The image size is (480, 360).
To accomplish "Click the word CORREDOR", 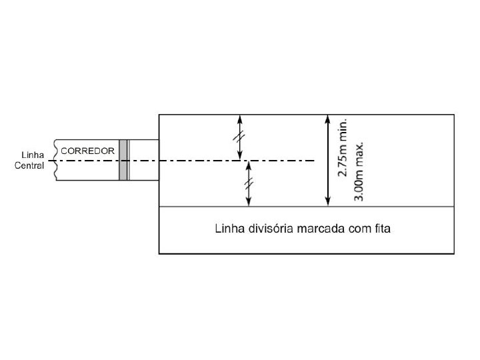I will [88, 151].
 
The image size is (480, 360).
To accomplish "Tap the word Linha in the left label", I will [33, 155].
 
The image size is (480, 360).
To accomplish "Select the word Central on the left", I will [30, 165].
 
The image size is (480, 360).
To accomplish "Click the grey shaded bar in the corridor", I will [123, 160].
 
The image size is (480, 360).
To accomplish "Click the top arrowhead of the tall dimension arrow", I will [327, 119].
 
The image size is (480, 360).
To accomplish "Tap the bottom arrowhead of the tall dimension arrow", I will [327, 203].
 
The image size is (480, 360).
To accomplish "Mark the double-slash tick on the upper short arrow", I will [240, 137].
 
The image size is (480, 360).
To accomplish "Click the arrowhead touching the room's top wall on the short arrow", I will [240, 119].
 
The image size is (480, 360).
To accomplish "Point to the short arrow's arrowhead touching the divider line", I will [248, 203].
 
